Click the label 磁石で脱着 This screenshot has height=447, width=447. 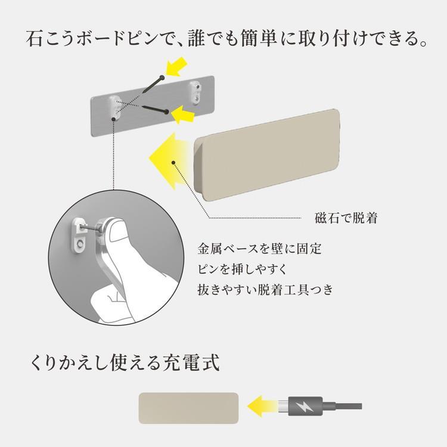click(346, 218)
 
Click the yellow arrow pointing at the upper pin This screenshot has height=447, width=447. click(176, 67)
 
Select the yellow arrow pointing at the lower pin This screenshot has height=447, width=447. click(183, 114)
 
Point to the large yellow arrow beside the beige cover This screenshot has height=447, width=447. click(168, 161)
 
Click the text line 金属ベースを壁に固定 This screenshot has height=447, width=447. click(259, 249)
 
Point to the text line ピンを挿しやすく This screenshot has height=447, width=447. click(242, 269)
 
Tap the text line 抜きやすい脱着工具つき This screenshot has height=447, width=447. click(265, 290)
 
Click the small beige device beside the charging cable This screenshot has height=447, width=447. click(188, 408)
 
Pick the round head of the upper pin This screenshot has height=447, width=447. click(162, 77)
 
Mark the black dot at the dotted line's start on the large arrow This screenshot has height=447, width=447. click(173, 163)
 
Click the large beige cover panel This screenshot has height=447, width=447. click(267, 155)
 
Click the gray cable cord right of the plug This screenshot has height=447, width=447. click(342, 406)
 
